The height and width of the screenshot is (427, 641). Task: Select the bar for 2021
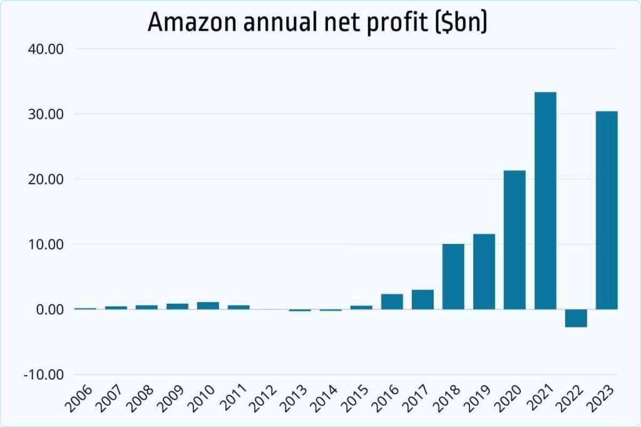coord(545,200)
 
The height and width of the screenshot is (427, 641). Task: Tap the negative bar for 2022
coord(576,318)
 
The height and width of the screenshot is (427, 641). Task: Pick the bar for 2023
coord(607,210)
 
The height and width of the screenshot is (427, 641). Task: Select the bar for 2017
coord(423,299)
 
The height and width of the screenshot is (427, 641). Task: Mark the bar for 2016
coord(392,301)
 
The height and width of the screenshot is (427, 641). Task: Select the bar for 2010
coord(208,306)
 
